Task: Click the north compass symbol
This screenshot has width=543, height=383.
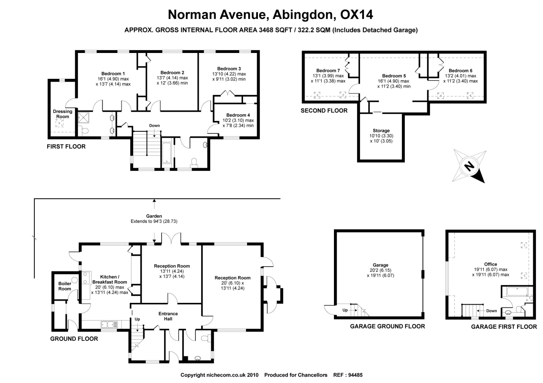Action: click(469, 166)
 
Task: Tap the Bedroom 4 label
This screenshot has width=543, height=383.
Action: click(238, 115)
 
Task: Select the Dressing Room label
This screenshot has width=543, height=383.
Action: click(62, 114)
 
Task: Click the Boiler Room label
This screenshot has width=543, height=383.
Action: click(65, 286)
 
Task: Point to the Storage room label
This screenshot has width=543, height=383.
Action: click(381, 130)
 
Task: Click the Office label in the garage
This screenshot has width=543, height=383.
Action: click(490, 264)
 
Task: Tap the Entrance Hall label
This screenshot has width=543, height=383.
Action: click(168, 316)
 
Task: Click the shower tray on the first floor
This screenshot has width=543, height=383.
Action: click(83, 117)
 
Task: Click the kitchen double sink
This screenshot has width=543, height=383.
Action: click(109, 325)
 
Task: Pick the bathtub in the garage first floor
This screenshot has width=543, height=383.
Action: click(517, 292)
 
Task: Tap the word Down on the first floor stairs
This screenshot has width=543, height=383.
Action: click(154, 126)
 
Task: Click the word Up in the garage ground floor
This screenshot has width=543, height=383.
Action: click(345, 310)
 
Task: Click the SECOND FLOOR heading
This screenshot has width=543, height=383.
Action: click(324, 110)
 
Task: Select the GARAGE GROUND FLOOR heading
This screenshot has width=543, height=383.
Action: click(387, 326)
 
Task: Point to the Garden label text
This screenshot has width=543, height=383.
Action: click(154, 216)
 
